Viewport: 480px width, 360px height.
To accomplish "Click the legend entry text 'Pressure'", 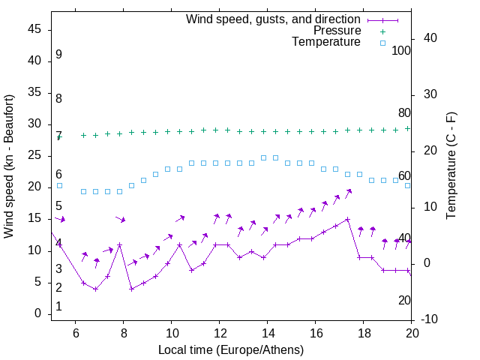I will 337,31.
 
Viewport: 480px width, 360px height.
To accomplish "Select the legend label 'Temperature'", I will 326,42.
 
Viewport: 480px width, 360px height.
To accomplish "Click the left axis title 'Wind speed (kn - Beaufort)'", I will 9,166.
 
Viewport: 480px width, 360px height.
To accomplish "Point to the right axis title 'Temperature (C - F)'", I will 451,166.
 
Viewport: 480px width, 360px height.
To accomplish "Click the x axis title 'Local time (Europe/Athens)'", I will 231,350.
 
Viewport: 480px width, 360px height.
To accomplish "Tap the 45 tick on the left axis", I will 34,30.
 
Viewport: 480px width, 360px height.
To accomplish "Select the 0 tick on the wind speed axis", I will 37,314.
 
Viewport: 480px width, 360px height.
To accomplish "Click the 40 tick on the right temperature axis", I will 430,38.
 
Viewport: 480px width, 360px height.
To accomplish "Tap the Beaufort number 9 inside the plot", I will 58,55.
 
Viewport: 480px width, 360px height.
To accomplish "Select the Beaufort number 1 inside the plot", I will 58,307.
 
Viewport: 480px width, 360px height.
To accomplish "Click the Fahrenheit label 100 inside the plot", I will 401,50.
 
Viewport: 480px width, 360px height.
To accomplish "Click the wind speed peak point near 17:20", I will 348,220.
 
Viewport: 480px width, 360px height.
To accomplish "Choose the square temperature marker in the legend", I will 382,43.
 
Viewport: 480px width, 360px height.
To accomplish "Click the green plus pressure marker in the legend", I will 382,31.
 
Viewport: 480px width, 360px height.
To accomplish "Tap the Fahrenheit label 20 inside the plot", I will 404,300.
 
